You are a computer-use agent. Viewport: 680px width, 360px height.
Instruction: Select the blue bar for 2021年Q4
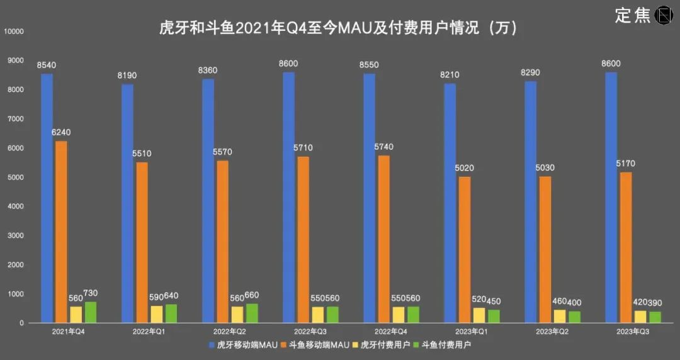(47, 198)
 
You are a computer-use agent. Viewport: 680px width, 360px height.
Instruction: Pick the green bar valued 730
(91, 312)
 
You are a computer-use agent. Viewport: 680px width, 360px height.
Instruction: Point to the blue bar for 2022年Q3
(289, 198)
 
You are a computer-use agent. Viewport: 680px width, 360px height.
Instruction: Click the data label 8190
(127, 76)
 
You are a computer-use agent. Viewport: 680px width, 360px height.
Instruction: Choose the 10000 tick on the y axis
(13, 31)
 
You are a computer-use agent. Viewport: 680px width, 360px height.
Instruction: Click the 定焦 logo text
(633, 16)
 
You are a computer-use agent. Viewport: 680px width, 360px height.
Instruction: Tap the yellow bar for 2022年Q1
(157, 314)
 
